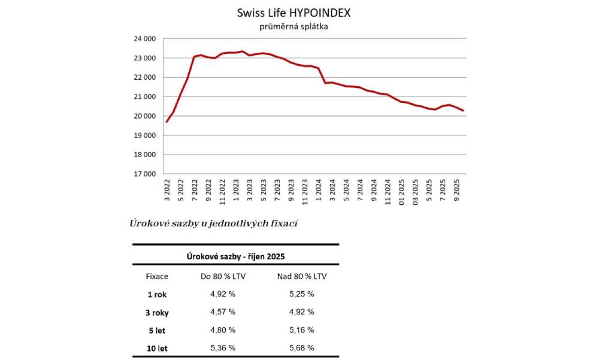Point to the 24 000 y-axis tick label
143,39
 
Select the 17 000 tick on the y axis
143,174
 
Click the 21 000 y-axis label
143,97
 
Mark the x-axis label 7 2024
359,191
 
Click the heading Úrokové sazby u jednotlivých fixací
214,223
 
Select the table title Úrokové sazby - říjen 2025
235,256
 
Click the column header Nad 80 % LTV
301,276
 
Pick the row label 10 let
157,347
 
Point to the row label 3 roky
157,312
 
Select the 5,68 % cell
301,347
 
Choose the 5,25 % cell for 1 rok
301,294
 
